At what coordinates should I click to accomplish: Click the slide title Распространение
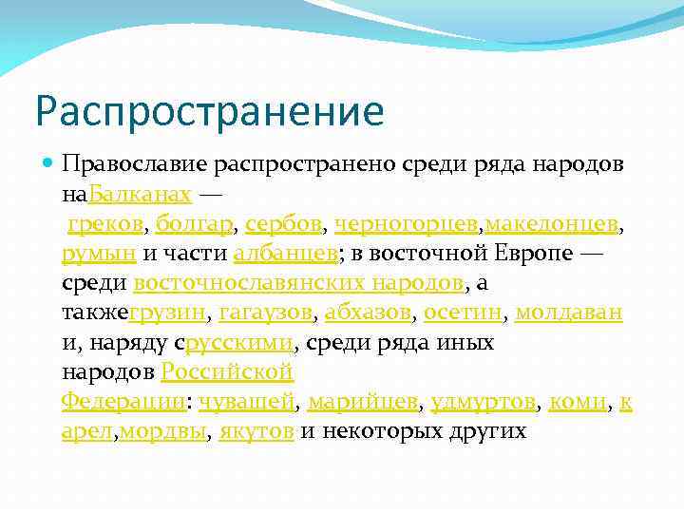(x=209, y=110)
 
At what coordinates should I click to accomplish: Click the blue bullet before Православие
(x=49, y=165)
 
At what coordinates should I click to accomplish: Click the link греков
(x=104, y=224)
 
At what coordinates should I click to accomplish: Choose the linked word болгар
(x=194, y=224)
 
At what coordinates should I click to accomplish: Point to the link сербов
(x=283, y=224)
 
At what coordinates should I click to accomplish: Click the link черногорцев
(x=406, y=224)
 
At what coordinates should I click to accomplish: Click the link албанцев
(x=281, y=254)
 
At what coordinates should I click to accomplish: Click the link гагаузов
(x=265, y=313)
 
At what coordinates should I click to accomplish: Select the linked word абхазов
(x=368, y=313)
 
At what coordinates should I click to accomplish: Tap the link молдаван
(x=569, y=313)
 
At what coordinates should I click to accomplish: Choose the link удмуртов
(x=483, y=401)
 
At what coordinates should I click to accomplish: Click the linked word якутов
(x=256, y=430)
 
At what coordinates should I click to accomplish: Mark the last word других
(x=484, y=430)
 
